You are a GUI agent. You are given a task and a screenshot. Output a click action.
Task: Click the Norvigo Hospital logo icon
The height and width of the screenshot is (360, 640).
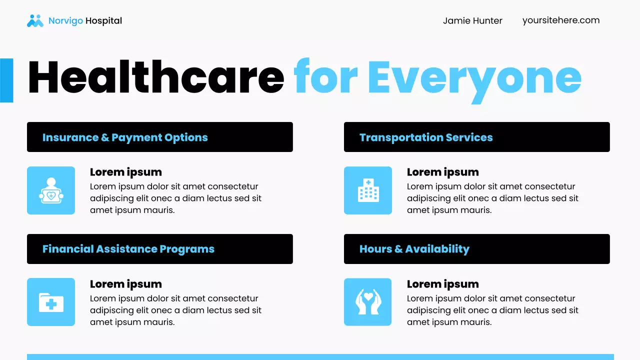click(x=35, y=20)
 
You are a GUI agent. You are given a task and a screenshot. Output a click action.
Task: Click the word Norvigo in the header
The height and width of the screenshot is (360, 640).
click(x=65, y=21)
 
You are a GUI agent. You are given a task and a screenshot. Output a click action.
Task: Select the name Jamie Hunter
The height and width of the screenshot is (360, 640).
click(x=472, y=21)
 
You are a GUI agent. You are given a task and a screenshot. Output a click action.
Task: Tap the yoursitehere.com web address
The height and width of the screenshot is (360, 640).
click(x=560, y=20)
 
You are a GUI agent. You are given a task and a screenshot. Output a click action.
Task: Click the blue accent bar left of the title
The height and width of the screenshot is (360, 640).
click(x=6, y=80)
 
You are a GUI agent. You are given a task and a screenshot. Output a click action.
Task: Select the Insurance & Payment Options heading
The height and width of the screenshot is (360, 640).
click(x=125, y=137)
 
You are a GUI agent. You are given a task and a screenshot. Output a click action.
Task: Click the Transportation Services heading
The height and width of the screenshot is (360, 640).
click(x=426, y=137)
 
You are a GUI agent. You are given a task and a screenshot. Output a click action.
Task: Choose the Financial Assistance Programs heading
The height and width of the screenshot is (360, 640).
click(x=128, y=249)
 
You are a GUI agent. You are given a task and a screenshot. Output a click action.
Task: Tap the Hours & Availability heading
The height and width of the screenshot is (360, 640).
click(x=414, y=249)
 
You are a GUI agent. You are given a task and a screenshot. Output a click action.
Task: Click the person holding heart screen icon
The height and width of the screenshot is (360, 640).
click(x=51, y=190)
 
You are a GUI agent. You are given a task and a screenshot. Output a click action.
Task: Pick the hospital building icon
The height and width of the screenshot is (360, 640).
click(x=368, y=190)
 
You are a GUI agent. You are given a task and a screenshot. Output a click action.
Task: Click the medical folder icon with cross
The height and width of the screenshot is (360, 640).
click(x=51, y=302)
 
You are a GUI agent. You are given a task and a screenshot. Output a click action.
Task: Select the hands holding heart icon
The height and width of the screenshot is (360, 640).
click(x=368, y=302)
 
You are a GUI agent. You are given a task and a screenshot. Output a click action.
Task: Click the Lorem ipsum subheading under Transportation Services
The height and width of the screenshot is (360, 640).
click(x=442, y=172)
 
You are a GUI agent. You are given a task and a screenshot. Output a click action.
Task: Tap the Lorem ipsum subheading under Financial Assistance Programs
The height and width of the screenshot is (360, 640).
click(x=126, y=284)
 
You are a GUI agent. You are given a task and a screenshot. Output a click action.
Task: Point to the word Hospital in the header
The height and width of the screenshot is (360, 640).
click(x=103, y=21)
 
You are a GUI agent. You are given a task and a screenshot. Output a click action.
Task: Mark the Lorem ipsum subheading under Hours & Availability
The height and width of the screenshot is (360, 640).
click(x=442, y=284)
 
